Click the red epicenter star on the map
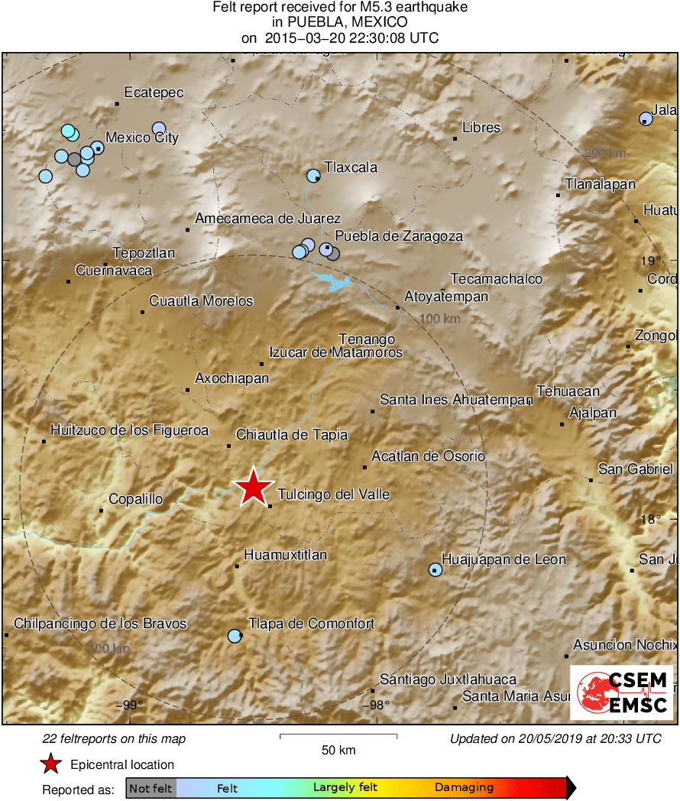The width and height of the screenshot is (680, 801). point(253,487)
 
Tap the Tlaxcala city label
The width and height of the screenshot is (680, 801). point(351,167)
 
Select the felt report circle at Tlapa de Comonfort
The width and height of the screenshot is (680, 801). point(235,636)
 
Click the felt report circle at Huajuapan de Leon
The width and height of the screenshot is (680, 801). point(435,569)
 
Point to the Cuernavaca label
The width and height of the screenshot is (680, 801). point(114,271)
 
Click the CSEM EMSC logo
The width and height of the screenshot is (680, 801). point(622,692)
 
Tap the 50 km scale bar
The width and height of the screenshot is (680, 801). point(338,737)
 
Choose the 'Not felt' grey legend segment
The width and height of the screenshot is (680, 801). point(151,788)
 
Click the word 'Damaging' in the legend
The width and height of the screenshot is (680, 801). point(465,788)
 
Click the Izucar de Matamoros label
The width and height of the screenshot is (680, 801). point(335,353)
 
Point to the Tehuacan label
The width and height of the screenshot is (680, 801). point(568,391)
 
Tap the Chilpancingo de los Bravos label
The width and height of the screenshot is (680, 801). point(100,624)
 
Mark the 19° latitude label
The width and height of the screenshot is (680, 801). point(649,261)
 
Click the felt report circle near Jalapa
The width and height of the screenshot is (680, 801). point(646,118)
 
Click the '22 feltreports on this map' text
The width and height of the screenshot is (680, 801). point(114,739)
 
